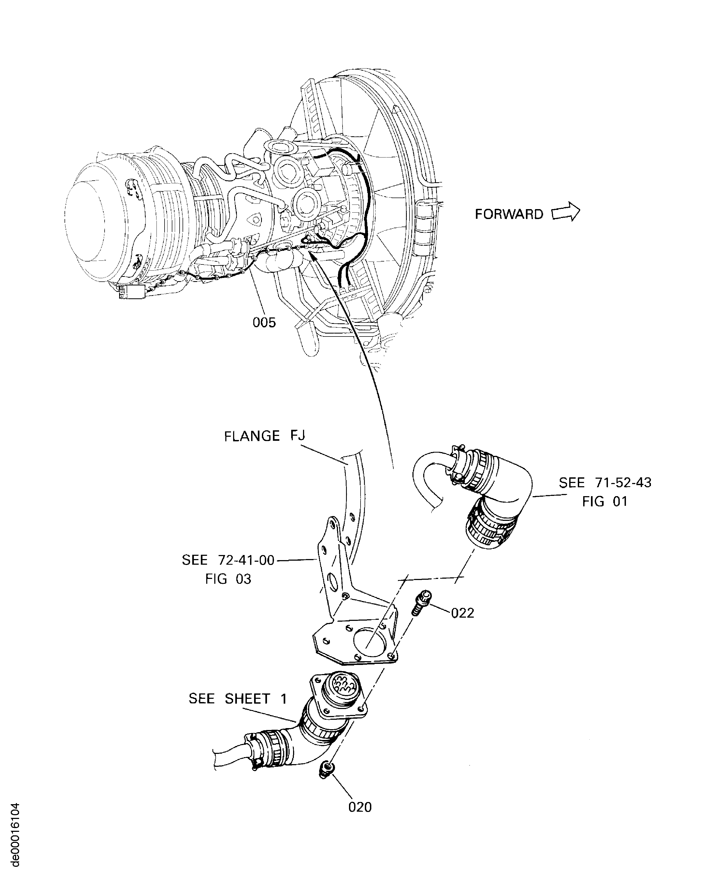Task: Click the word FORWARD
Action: (x=509, y=214)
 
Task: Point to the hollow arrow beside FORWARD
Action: (x=566, y=212)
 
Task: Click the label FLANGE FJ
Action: (x=264, y=436)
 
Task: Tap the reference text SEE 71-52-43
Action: (x=605, y=482)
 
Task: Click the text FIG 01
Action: (x=605, y=501)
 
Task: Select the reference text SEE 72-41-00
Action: (x=228, y=560)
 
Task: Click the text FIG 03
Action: (x=228, y=579)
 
